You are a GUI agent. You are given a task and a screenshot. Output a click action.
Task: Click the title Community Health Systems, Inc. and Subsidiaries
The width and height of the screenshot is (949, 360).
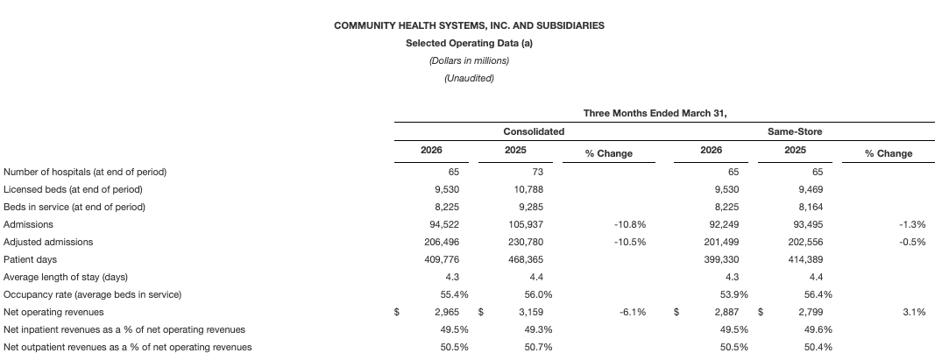coord(469,25)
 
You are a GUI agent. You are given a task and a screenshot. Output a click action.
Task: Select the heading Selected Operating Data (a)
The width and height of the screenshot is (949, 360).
coord(469,43)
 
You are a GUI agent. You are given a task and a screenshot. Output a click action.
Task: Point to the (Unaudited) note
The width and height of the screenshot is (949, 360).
coord(469,78)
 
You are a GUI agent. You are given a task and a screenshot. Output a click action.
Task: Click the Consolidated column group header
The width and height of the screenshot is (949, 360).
coord(533,131)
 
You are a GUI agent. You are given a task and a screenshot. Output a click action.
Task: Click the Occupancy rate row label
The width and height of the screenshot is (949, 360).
coord(92,294)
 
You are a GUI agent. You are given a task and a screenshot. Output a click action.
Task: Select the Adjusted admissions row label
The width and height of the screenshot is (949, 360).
coord(48,242)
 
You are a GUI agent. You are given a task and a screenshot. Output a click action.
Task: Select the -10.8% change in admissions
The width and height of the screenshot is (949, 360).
coord(631,224)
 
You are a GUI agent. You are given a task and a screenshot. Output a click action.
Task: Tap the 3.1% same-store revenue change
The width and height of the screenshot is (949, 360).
coord(914,312)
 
